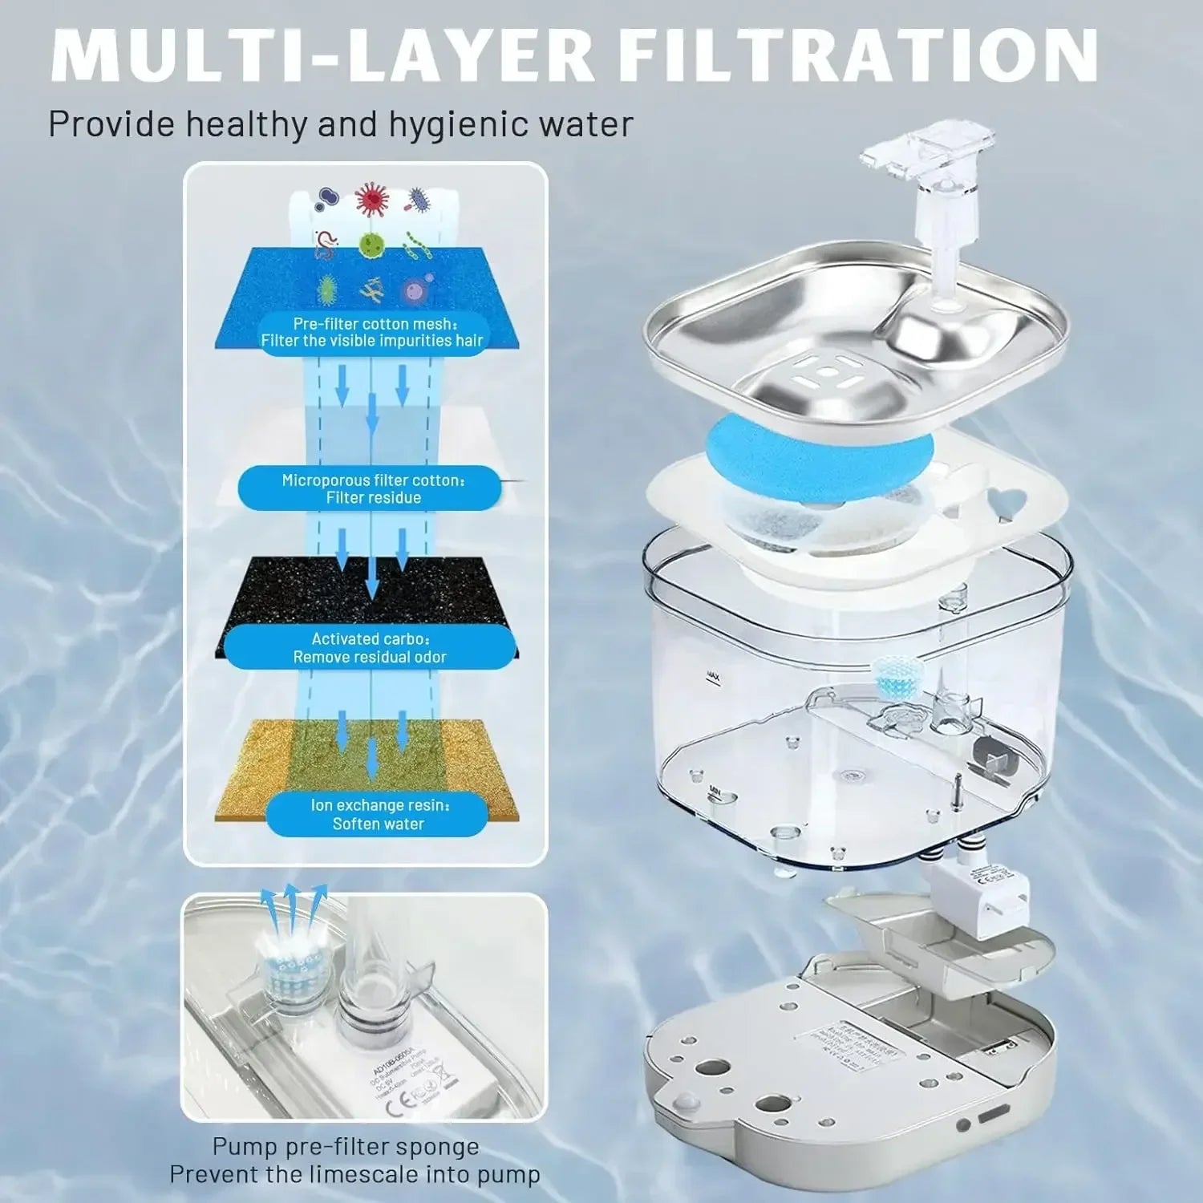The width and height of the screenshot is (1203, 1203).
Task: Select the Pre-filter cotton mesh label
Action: click(373, 332)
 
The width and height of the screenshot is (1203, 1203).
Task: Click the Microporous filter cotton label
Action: click(373, 488)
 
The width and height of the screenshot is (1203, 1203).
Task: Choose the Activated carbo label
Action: click(370, 648)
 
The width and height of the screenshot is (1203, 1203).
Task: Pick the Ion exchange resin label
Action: click(379, 814)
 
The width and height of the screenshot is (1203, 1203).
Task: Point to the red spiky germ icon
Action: click(371, 199)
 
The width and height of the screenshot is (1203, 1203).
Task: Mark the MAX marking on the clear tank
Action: click(713, 678)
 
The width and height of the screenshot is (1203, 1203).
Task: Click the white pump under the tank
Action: click(982, 894)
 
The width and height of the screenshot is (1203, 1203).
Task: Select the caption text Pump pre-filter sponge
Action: click(346, 1147)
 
